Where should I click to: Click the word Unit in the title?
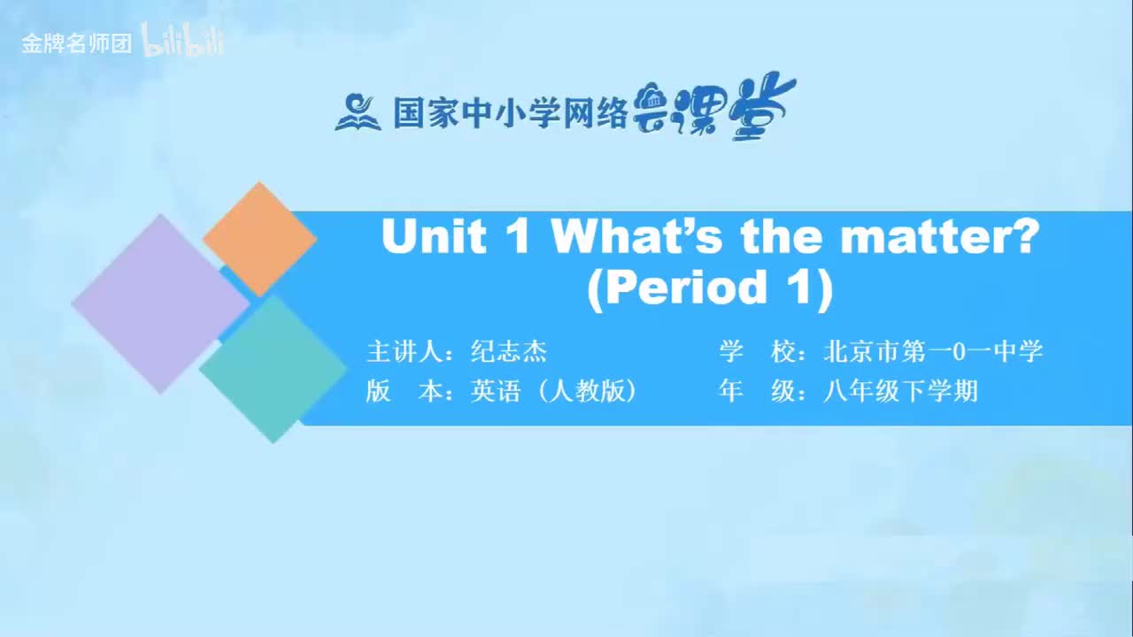434,237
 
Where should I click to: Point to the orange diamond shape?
259,239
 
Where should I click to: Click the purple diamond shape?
159,303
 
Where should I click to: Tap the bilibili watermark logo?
183,42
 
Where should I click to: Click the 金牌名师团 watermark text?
77,43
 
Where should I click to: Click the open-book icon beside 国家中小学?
358,111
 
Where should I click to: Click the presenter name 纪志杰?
509,352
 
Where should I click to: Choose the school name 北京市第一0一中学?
933,352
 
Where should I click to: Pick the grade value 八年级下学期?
900,391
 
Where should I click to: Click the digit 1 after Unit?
519,237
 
